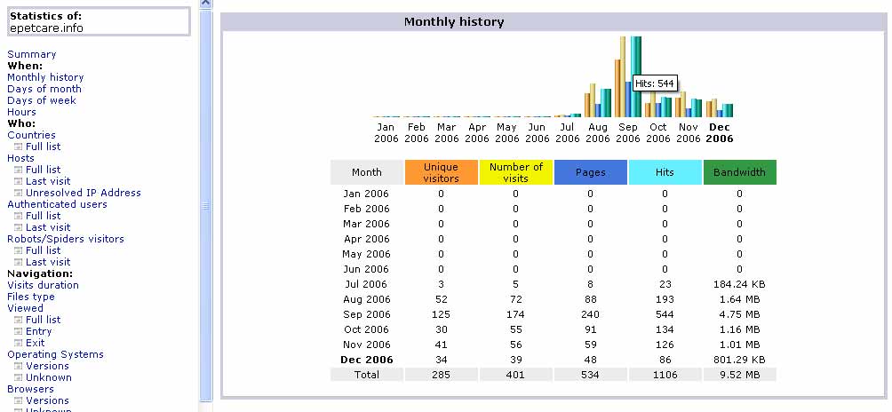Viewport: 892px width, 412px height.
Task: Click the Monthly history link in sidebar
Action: [45, 77]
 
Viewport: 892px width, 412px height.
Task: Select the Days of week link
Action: [42, 100]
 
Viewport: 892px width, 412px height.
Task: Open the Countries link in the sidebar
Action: [31, 135]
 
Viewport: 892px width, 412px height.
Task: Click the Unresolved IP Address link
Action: [83, 193]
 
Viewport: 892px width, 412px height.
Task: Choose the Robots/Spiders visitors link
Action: [66, 239]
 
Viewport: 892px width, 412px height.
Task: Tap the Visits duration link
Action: [43, 285]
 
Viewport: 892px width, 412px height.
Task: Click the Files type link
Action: [31, 297]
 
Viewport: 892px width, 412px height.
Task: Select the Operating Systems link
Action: [56, 354]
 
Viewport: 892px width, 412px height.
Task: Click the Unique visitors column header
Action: [441, 172]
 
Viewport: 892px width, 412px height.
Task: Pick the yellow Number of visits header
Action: [515, 172]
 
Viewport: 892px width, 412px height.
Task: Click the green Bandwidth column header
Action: [739, 172]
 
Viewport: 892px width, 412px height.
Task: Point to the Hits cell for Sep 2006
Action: [665, 314]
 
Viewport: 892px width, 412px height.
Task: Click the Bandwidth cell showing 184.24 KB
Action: [739, 284]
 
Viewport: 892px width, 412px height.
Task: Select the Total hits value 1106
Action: [665, 375]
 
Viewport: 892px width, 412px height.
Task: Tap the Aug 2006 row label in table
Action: [367, 299]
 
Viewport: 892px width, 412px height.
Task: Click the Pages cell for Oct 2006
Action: [590, 329]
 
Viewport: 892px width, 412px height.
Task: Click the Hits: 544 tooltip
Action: [655, 83]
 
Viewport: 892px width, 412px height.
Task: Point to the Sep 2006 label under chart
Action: [628, 132]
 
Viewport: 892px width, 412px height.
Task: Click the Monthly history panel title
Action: [454, 22]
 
